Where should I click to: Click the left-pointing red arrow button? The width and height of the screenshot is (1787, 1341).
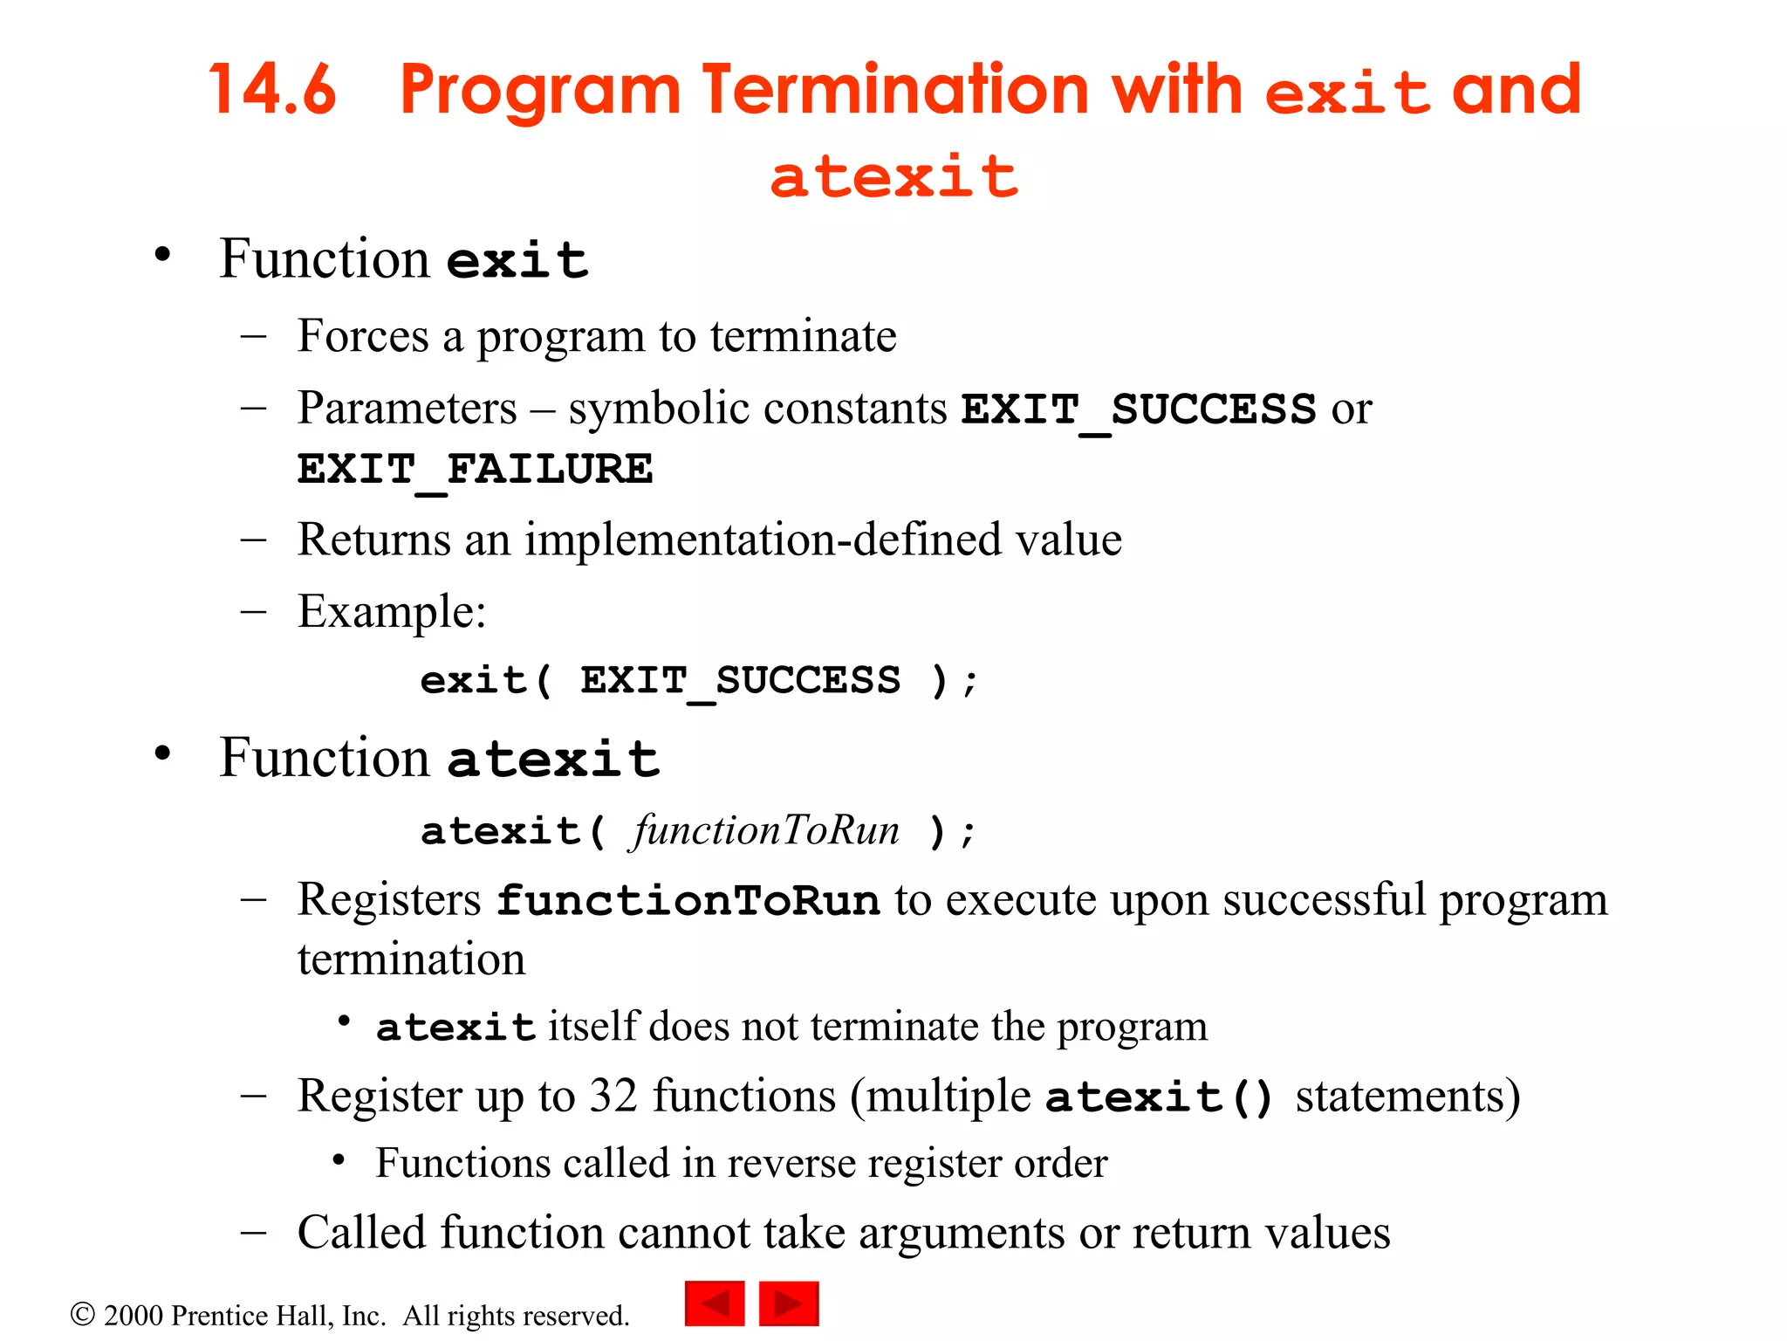(715, 1303)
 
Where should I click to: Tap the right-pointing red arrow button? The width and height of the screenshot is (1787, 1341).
(789, 1303)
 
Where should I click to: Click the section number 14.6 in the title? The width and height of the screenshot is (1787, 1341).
(272, 90)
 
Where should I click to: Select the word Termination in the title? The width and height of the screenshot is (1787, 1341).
(895, 90)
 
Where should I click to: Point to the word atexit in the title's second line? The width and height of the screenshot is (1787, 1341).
(894, 176)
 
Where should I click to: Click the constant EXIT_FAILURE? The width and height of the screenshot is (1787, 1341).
(475, 470)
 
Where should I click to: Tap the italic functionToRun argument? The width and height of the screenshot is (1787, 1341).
(765, 829)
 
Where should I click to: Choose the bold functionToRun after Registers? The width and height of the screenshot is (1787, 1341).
(688, 900)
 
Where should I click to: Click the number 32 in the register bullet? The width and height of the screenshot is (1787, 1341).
(613, 1096)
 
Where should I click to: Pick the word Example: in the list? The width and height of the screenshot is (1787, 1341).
(392, 611)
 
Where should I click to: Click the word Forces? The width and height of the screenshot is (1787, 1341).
(363, 336)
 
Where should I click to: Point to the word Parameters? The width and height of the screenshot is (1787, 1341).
(407, 408)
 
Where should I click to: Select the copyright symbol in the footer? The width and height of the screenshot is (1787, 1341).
(82, 1314)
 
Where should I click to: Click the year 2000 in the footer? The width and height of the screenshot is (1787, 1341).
(134, 1316)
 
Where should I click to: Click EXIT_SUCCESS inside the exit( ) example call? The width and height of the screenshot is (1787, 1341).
(740, 681)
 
